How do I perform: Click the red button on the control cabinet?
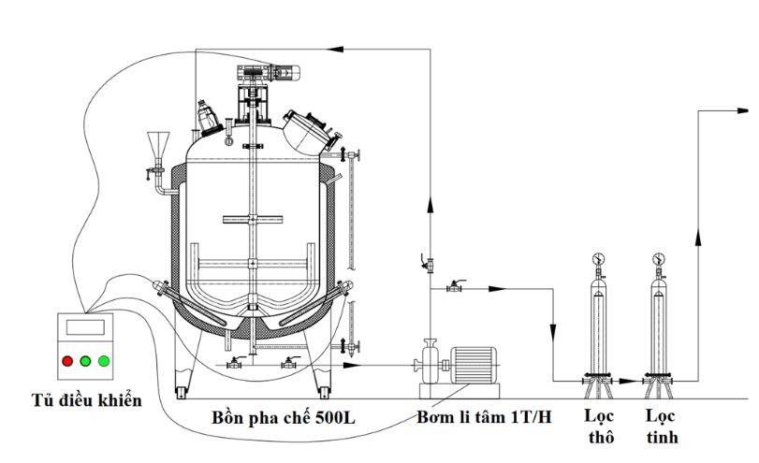(x=67, y=361)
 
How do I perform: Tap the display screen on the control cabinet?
(x=85, y=327)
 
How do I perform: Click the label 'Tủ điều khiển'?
(x=87, y=400)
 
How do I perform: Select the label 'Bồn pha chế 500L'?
(x=284, y=417)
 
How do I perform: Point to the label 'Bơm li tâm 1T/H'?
(x=484, y=416)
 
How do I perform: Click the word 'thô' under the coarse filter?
(x=601, y=437)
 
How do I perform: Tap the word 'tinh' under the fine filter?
(x=663, y=437)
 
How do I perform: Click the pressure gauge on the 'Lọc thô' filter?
(x=598, y=259)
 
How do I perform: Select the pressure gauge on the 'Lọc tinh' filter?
(x=658, y=259)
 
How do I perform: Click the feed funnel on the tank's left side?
(x=158, y=144)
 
